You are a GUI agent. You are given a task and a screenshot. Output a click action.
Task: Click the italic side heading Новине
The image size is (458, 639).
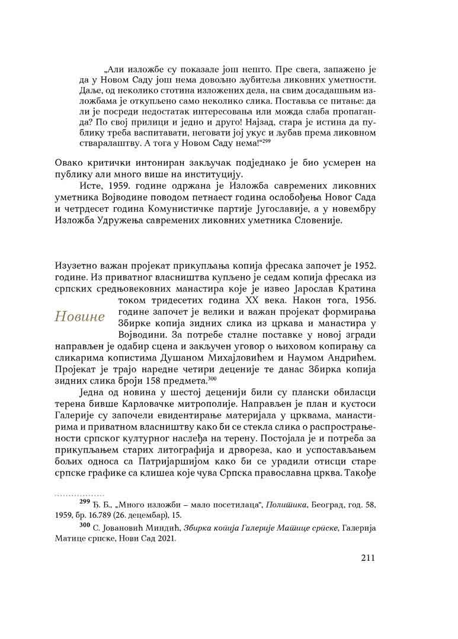(x=79, y=317)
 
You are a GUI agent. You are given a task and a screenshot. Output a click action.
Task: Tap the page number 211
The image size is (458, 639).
(x=370, y=557)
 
